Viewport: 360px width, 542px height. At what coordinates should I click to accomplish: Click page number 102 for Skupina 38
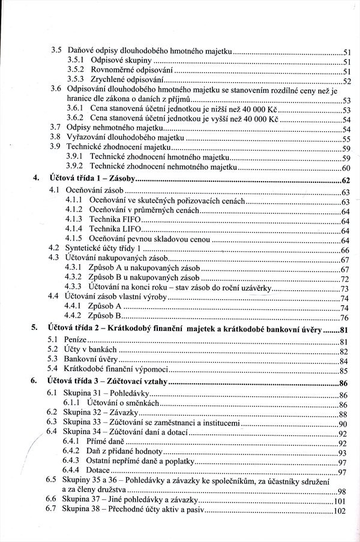click(341, 511)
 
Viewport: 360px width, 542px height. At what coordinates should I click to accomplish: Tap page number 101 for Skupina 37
click(341, 501)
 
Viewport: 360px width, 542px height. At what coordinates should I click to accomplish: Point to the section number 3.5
click(56, 52)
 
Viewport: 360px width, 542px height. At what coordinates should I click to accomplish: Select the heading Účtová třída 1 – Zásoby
click(91, 180)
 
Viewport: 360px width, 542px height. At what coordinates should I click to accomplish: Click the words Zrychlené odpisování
click(126, 80)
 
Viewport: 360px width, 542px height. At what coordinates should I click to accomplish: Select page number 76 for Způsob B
click(344, 318)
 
